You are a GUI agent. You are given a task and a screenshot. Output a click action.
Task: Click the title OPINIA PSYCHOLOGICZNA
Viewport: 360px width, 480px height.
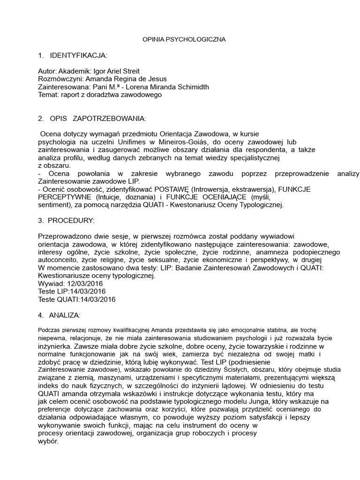click(x=184, y=40)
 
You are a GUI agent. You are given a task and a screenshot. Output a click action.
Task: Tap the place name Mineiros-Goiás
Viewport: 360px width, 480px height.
click(x=185, y=141)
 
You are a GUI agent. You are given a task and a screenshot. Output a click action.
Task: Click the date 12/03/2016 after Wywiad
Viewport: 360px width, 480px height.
click(x=86, y=284)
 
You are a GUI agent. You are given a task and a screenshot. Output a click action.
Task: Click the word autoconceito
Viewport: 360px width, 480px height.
click(x=58, y=260)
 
